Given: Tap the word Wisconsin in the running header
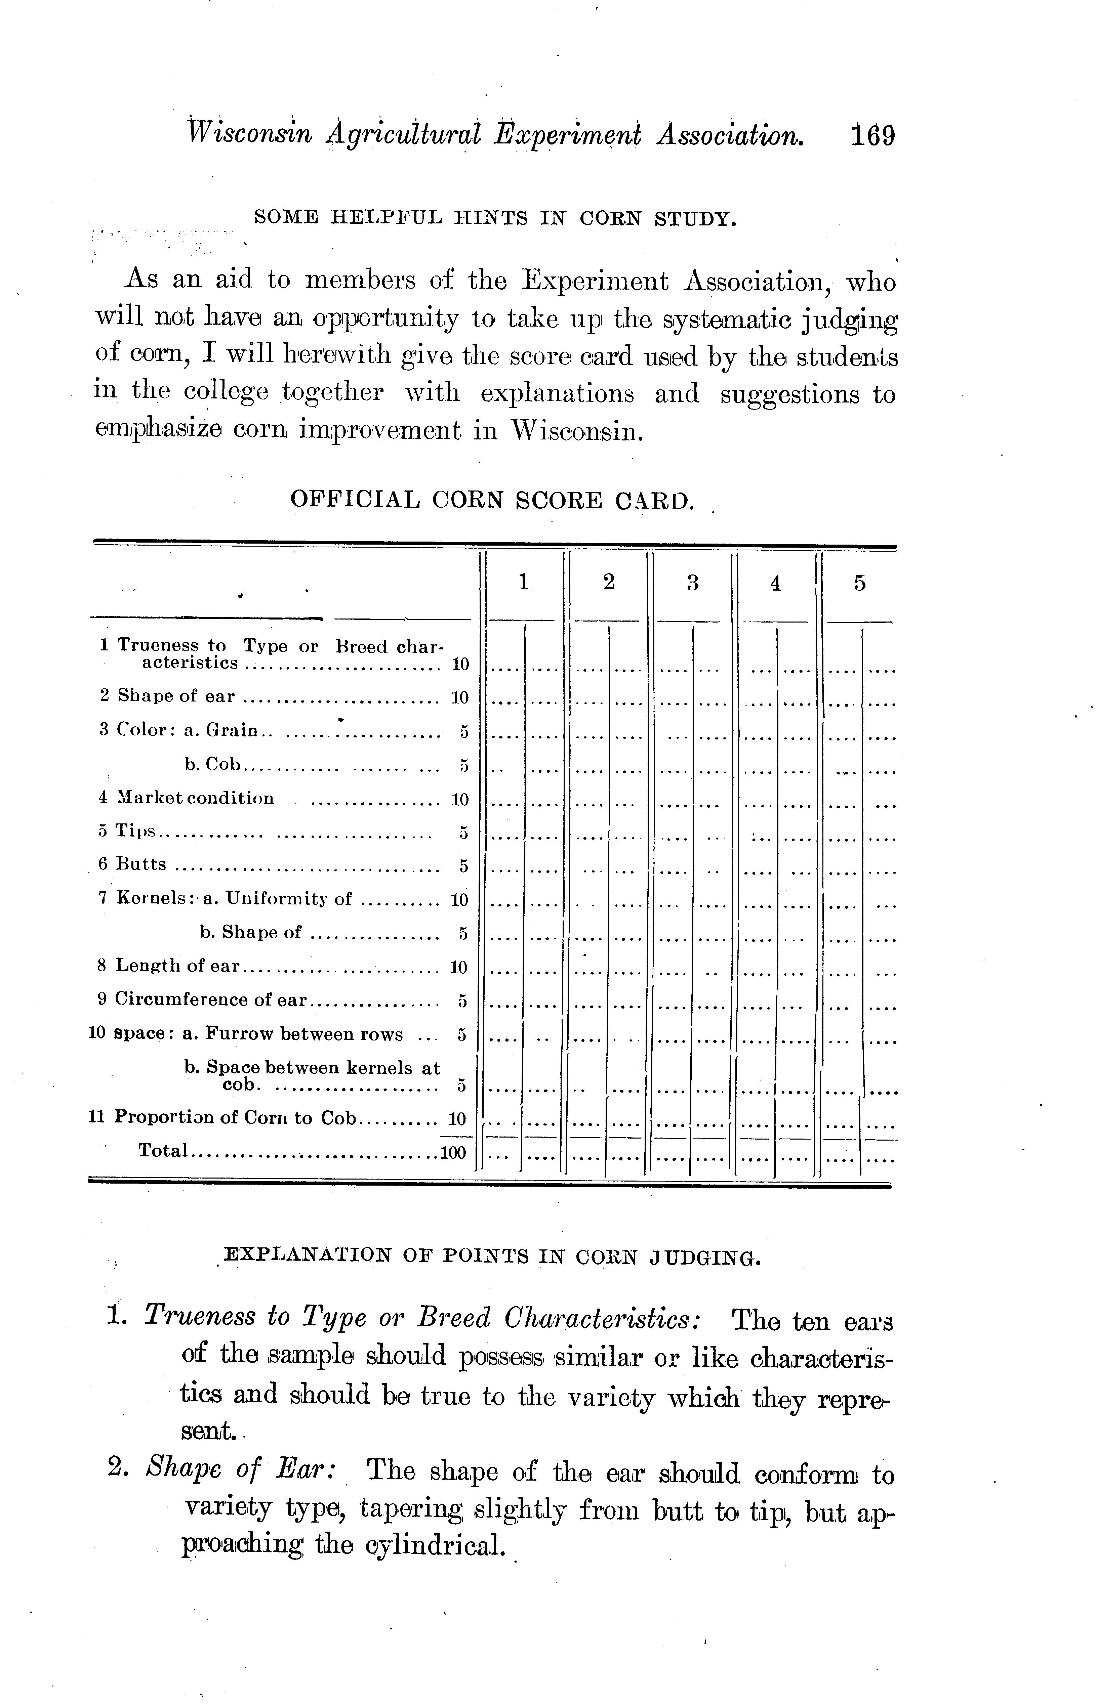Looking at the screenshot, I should pyautogui.click(x=248, y=134).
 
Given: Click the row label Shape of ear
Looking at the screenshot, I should pyautogui.click(x=175, y=696).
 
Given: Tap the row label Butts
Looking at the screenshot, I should pyautogui.click(x=141, y=864).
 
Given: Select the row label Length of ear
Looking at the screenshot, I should pyautogui.click(x=178, y=966).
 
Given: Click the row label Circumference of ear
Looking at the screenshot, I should pyautogui.click(x=211, y=1000).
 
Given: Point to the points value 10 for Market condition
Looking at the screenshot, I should pyautogui.click(x=460, y=799).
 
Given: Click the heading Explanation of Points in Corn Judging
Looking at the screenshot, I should pyautogui.click(x=491, y=1257).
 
